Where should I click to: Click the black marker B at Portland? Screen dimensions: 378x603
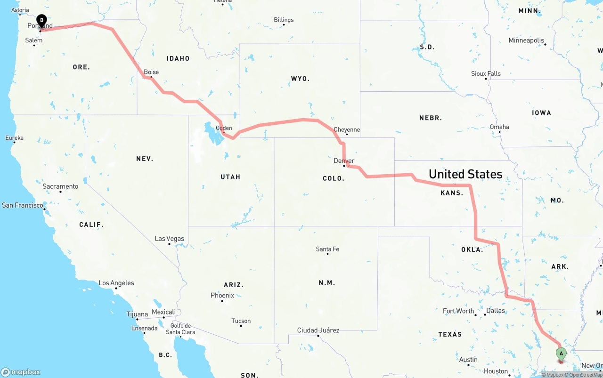[x=41, y=20]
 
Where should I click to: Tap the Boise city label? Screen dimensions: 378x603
[x=151, y=72]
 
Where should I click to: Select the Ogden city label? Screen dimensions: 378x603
[x=224, y=128]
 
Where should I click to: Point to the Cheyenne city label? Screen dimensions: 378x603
[x=347, y=129]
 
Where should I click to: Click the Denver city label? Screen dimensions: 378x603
[x=344, y=161]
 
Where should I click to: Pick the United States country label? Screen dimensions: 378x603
[x=465, y=174]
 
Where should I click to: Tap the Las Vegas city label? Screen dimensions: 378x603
[x=170, y=239]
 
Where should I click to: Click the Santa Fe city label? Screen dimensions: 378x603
[x=327, y=249]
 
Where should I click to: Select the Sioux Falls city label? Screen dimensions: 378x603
[x=486, y=73]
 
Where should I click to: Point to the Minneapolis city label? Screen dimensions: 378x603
[x=526, y=40]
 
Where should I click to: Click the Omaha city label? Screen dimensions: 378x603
[x=499, y=127]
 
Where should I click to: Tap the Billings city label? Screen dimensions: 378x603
[x=284, y=20]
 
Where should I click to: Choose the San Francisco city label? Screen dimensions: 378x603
[x=22, y=205]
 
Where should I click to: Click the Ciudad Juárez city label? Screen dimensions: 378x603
[x=318, y=330]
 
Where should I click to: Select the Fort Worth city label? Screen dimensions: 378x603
[x=458, y=311]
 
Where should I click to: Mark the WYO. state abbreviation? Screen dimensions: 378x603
[x=300, y=79]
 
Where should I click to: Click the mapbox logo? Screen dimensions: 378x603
[x=21, y=372]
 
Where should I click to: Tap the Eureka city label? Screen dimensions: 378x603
[x=14, y=138]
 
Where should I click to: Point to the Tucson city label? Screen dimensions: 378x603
[x=241, y=321]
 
